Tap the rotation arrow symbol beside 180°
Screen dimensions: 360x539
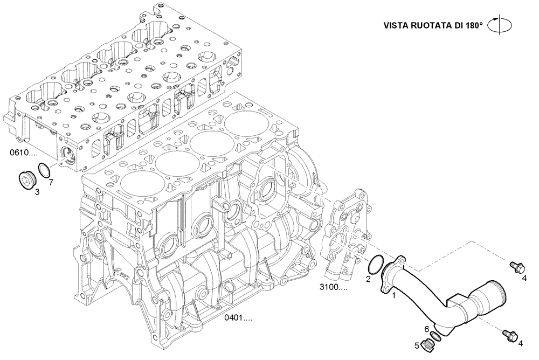(499, 25)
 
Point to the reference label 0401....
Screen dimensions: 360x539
(239, 318)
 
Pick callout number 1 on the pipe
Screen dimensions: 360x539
(394, 295)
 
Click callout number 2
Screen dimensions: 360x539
(368, 279)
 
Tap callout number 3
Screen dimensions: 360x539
(37, 191)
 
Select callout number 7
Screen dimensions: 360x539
(51, 183)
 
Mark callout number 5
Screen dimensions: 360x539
(417, 345)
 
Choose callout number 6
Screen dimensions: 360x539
(426, 329)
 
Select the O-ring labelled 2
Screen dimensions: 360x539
(376, 265)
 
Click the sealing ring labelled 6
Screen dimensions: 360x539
(436, 336)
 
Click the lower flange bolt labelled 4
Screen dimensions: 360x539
(509, 335)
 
